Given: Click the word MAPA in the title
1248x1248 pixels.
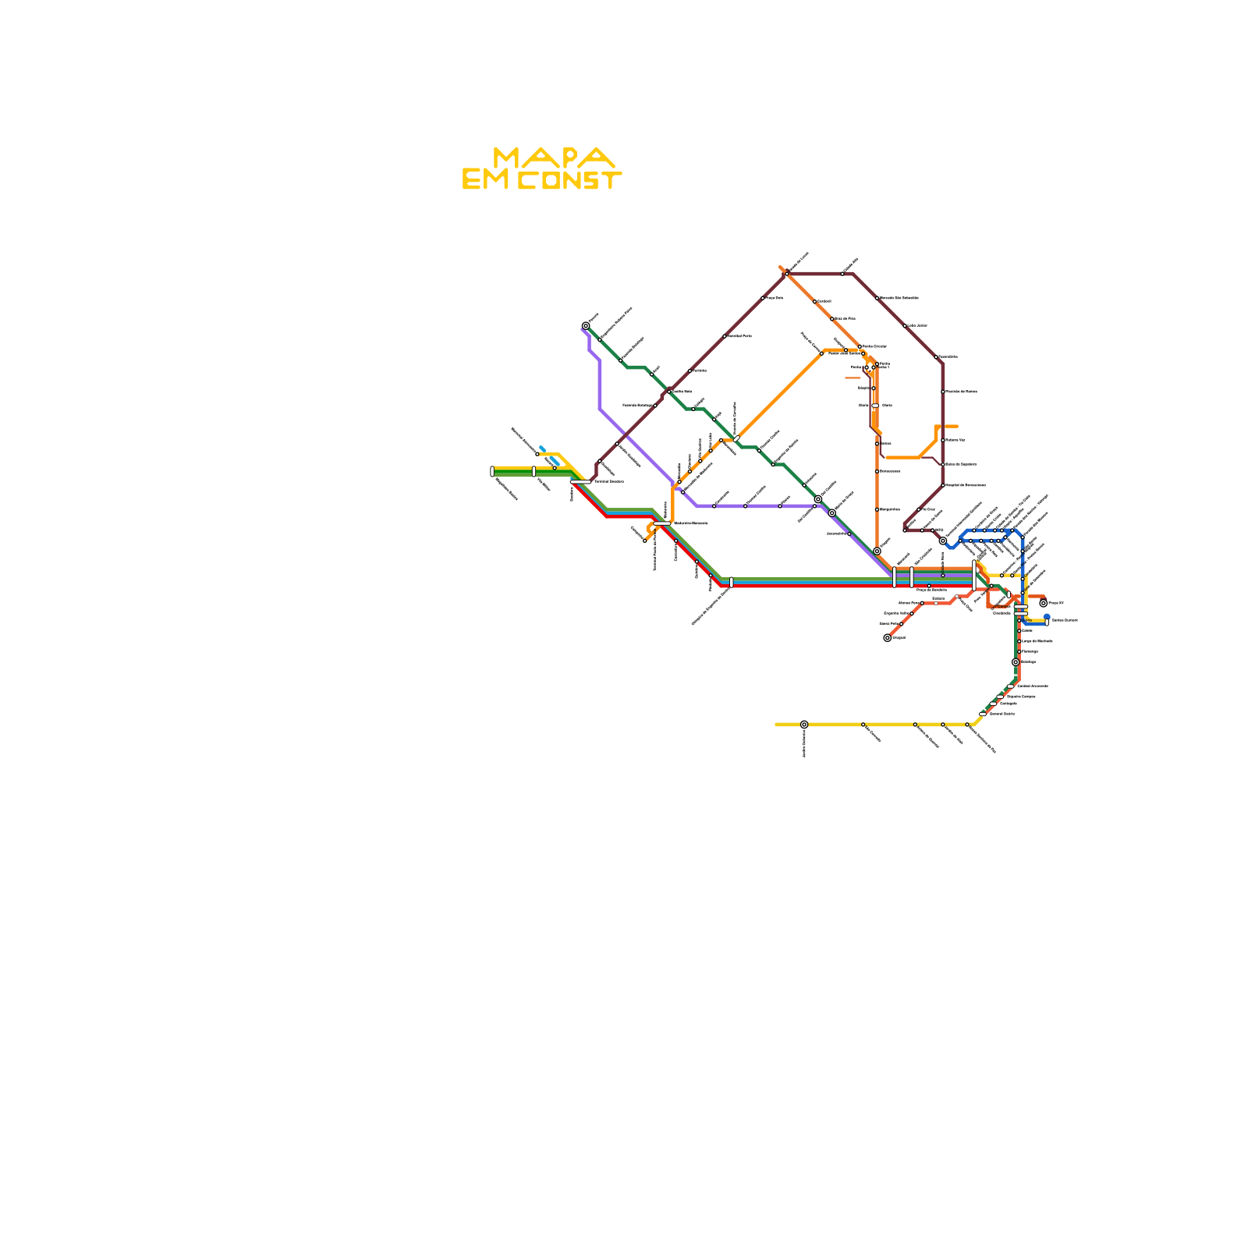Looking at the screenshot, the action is click(555, 158).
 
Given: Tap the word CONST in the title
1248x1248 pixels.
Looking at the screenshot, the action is click(570, 181).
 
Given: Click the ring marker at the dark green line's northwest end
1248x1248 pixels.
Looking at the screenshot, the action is click(586, 326).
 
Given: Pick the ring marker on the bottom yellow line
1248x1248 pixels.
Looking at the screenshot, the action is click(804, 725).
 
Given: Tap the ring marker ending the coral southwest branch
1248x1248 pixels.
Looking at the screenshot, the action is click(888, 638).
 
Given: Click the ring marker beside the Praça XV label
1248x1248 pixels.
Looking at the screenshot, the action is click(1044, 603).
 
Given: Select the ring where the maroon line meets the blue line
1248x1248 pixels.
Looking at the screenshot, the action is click(943, 541).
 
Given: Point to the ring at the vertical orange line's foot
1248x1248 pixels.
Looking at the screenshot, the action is click(877, 551).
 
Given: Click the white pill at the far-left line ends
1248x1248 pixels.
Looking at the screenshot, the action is click(492, 471).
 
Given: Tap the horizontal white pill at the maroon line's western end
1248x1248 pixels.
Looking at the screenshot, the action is click(580, 482).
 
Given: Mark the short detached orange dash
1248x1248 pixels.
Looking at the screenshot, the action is click(853, 378).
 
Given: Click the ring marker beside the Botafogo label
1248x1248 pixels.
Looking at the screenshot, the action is click(1016, 662).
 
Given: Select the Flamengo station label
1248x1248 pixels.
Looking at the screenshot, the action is click(1030, 651).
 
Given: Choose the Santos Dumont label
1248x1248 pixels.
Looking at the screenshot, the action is click(1065, 621).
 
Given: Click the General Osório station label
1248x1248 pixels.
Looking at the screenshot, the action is click(1002, 714).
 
